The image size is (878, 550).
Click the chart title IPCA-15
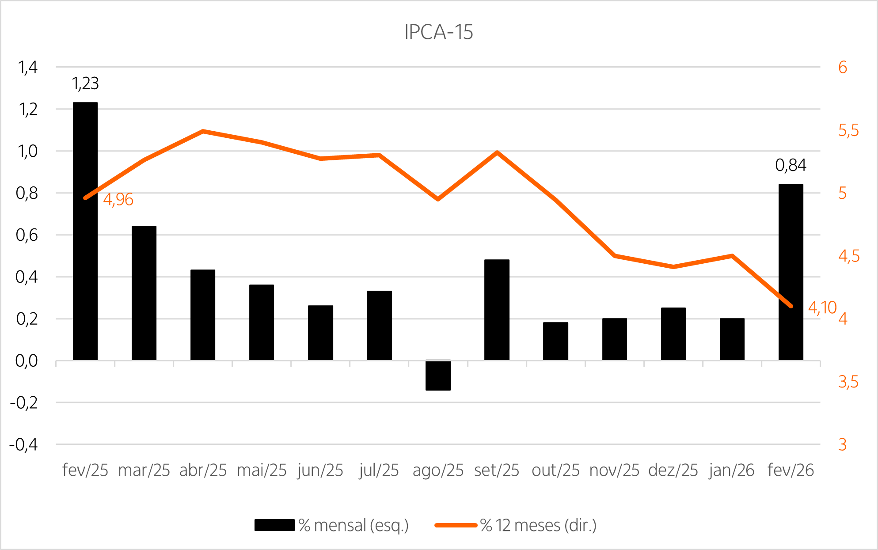click(438, 32)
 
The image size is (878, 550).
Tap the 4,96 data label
click(118, 200)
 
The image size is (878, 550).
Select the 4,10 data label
click(822, 307)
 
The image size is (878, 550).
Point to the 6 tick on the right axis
click(843, 68)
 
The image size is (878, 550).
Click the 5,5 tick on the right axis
click(848, 131)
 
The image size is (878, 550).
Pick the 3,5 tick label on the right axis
click(848, 382)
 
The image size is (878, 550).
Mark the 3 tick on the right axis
click(843, 445)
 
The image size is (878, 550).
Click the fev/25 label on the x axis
click(85, 470)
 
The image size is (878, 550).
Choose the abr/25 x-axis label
click(203, 470)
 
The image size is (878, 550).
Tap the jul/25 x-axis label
click(379, 470)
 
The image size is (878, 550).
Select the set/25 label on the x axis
click(497, 470)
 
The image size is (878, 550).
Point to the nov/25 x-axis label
click(614, 470)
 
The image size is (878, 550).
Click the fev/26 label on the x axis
click(791, 470)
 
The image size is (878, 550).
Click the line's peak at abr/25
click(203, 131)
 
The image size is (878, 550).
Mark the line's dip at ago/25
click(438, 199)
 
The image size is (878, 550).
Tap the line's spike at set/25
click(497, 152)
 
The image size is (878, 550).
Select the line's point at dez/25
click(673, 267)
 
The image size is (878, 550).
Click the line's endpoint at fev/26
click(791, 306)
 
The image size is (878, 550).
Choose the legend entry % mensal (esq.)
click(353, 526)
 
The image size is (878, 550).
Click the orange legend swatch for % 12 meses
click(456, 525)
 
